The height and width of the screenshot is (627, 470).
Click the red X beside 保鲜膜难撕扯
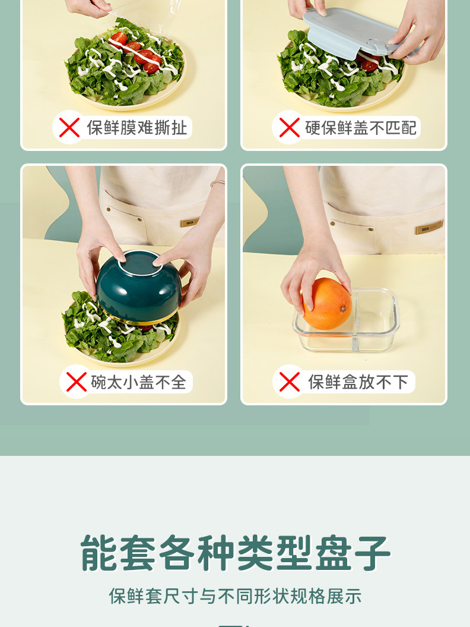pyautogui.click(x=69, y=128)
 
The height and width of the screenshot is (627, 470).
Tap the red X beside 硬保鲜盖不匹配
pyautogui.click(x=289, y=128)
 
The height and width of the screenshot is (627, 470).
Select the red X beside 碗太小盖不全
pyautogui.click(x=77, y=382)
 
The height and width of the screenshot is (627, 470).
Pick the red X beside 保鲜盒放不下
pyautogui.click(x=290, y=382)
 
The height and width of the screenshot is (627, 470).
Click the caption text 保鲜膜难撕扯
pyautogui.click(x=137, y=128)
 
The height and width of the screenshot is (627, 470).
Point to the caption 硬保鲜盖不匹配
pyautogui.click(x=361, y=128)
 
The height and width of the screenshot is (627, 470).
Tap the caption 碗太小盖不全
pyautogui.click(x=138, y=382)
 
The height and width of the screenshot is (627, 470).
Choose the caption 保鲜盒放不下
pyautogui.click(x=358, y=382)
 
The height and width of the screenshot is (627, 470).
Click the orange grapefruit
pyautogui.click(x=328, y=304)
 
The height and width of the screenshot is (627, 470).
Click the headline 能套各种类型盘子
pyautogui.click(x=235, y=553)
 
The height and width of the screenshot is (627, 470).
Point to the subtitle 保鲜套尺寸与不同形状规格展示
pyautogui.click(x=235, y=596)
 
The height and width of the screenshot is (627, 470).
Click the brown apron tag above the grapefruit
pyautogui.click(x=429, y=226)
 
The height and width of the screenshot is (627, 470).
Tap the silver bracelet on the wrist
pyautogui.click(x=218, y=182)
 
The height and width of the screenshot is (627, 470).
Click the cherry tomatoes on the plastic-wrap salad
pyautogui.click(x=136, y=53)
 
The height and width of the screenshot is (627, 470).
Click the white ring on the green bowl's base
pyautogui.click(x=140, y=263)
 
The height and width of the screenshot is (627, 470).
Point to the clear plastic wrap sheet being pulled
pyautogui.click(x=142, y=16)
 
